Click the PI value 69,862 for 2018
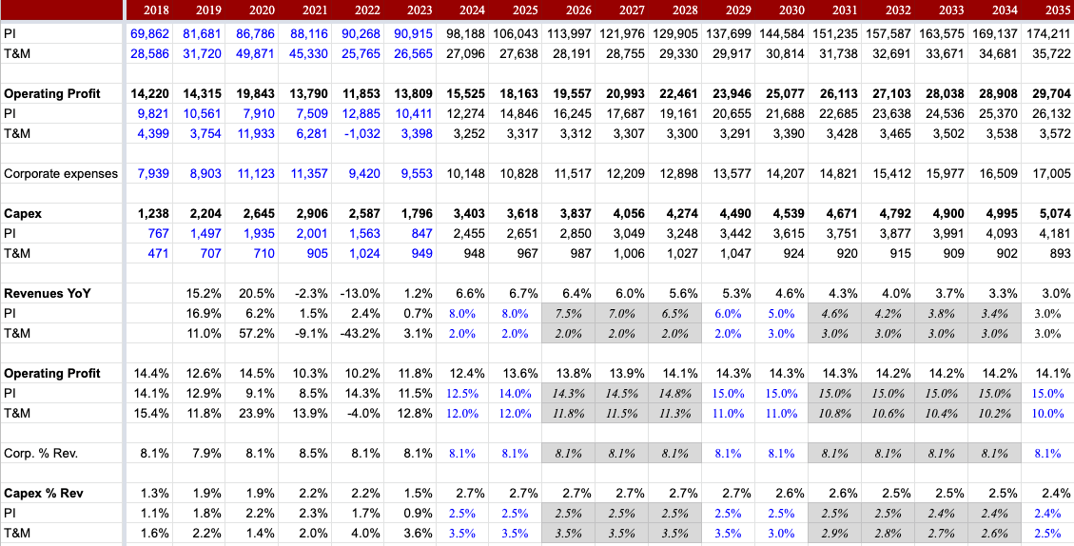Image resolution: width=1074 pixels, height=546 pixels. click(149, 33)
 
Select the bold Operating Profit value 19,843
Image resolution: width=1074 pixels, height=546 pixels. click(255, 94)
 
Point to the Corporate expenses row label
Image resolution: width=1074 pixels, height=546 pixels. click(61, 174)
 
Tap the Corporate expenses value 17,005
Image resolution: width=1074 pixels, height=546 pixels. click(1051, 174)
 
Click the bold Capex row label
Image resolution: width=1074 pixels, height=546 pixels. click(23, 214)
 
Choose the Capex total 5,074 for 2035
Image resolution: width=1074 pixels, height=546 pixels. click(1051, 214)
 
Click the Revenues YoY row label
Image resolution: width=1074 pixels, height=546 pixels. click(47, 293)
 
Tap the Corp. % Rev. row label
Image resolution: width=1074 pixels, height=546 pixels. click(41, 453)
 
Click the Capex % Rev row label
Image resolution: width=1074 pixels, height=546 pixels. click(44, 493)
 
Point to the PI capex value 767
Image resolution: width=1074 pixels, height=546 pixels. click(156, 233)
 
